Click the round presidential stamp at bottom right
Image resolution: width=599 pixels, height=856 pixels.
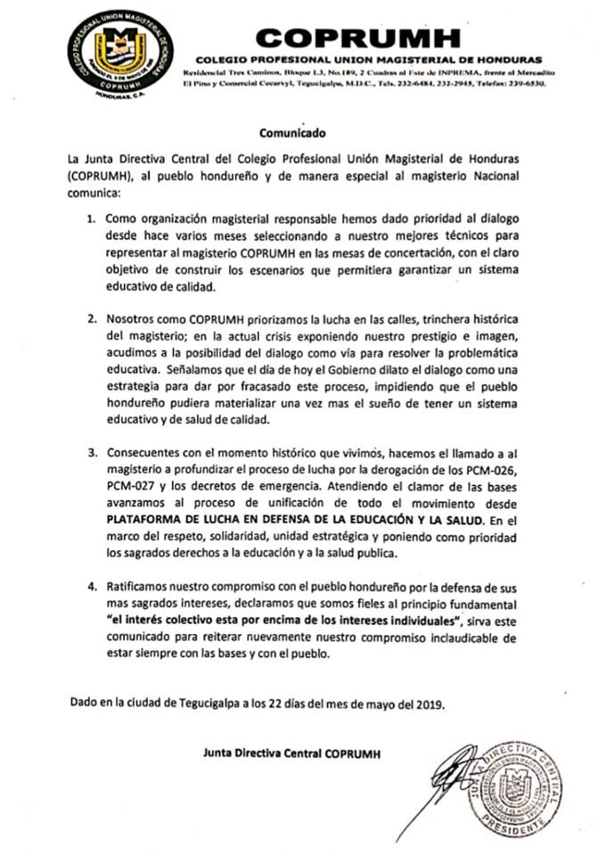[x=514, y=789]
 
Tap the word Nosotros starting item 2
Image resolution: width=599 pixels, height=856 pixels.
[x=130, y=318]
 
